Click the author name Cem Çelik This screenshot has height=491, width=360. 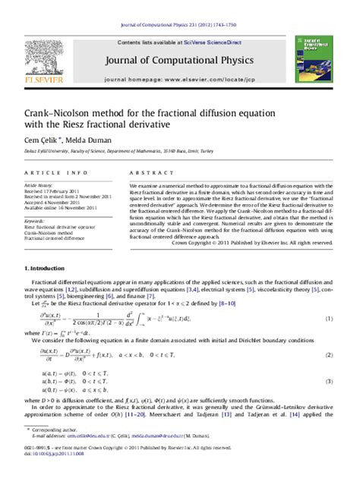click(x=44, y=140)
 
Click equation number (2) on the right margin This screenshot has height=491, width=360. click(x=329, y=334)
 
